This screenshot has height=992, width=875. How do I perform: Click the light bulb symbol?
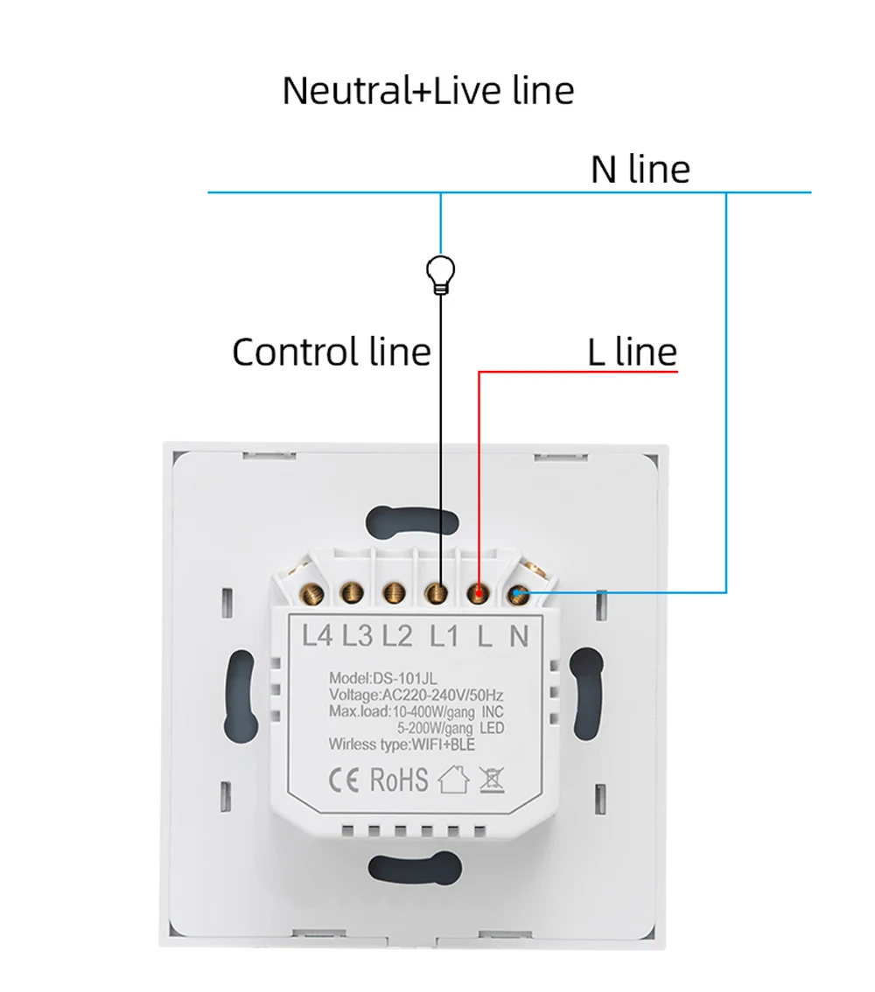(440, 275)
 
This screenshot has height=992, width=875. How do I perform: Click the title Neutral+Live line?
(428, 91)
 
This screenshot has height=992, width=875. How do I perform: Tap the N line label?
(640, 169)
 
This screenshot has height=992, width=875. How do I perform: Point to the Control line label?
(332, 352)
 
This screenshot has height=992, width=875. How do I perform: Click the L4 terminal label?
(317, 635)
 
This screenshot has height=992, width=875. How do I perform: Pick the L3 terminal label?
(357, 635)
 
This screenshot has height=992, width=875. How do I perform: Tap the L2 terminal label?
(396, 635)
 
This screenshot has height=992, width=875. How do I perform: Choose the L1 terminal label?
(444, 635)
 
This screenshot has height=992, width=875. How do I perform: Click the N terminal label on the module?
(519, 635)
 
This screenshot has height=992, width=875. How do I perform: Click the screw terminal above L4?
(311, 594)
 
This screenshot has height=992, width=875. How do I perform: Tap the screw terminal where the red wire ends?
(478, 594)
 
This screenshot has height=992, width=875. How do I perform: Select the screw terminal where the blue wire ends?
(520, 594)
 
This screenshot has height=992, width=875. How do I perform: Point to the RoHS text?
(399, 779)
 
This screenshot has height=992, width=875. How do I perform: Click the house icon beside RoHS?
(453, 779)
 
